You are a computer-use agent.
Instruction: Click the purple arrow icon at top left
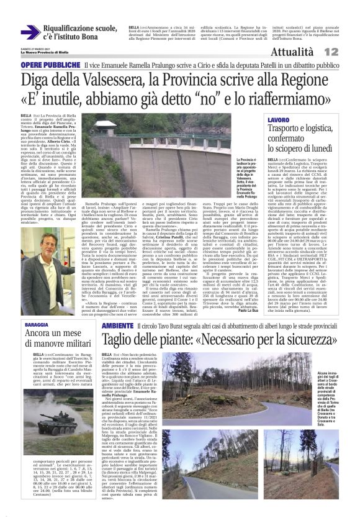pos(30,32)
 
